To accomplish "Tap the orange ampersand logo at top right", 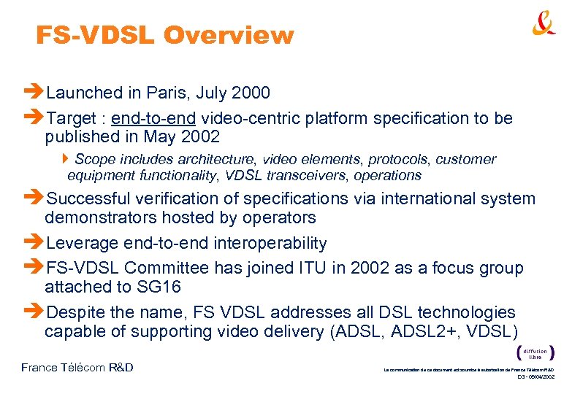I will click(544, 24).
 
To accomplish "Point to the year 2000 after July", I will click(251, 93).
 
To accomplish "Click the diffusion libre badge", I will click(535, 352).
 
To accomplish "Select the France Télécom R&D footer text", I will click(77, 367).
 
